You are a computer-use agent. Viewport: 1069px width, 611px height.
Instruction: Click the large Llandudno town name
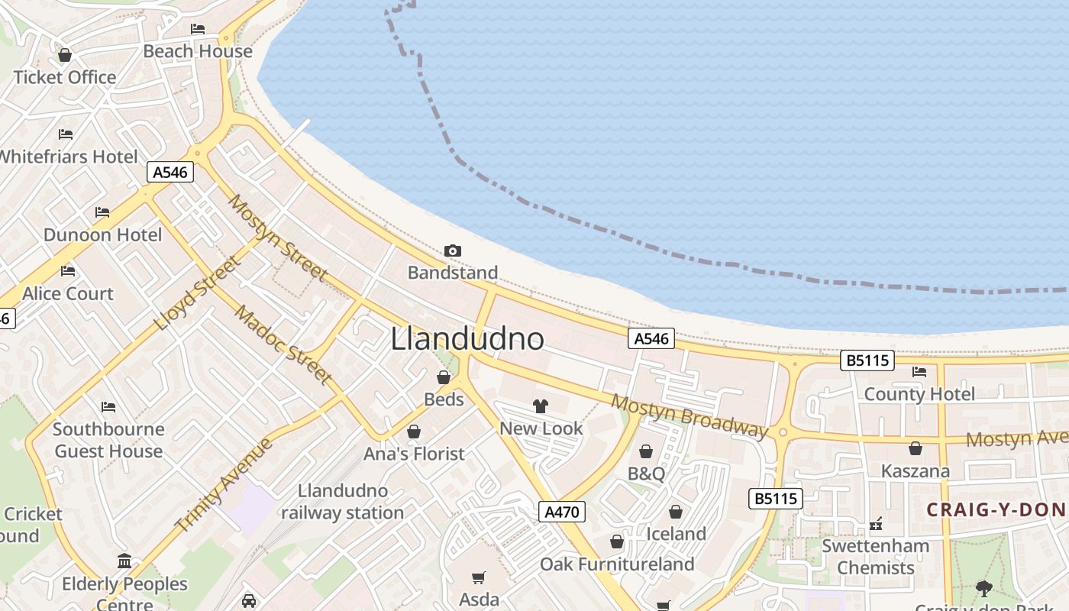(467, 339)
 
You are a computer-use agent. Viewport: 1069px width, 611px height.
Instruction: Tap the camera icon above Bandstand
(453, 251)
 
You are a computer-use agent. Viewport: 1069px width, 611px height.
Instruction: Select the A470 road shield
(562, 512)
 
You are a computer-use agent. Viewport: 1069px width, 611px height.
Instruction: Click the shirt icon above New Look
(541, 406)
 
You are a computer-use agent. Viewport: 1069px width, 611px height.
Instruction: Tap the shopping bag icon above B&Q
(646, 451)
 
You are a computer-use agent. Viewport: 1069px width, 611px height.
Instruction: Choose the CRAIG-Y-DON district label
(996, 509)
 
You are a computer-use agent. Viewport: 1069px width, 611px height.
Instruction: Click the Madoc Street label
(283, 344)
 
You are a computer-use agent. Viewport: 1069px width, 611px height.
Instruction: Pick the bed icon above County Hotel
(919, 372)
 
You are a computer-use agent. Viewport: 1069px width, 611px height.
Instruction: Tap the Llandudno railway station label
(342, 502)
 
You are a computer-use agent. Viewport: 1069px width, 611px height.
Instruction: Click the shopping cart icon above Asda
(479, 577)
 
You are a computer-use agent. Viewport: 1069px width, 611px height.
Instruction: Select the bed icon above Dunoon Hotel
(102, 212)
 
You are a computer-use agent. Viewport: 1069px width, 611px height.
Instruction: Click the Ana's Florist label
(414, 454)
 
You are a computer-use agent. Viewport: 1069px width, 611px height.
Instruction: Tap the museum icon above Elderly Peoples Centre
(124, 562)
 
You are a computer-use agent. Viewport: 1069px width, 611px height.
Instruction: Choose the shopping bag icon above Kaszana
(915, 448)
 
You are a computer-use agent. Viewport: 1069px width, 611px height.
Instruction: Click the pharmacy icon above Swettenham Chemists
(875, 524)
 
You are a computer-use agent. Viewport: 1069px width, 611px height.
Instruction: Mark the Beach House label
(198, 51)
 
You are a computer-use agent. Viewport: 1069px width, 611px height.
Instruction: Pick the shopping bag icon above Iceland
(676, 512)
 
